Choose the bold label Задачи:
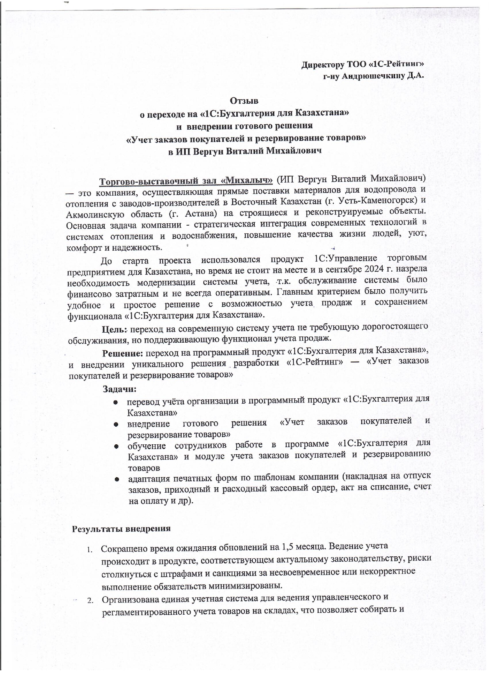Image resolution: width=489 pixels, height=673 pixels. [119, 389]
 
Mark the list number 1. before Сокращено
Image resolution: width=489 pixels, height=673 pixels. [90, 549]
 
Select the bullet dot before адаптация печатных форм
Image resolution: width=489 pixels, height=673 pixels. [115, 479]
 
